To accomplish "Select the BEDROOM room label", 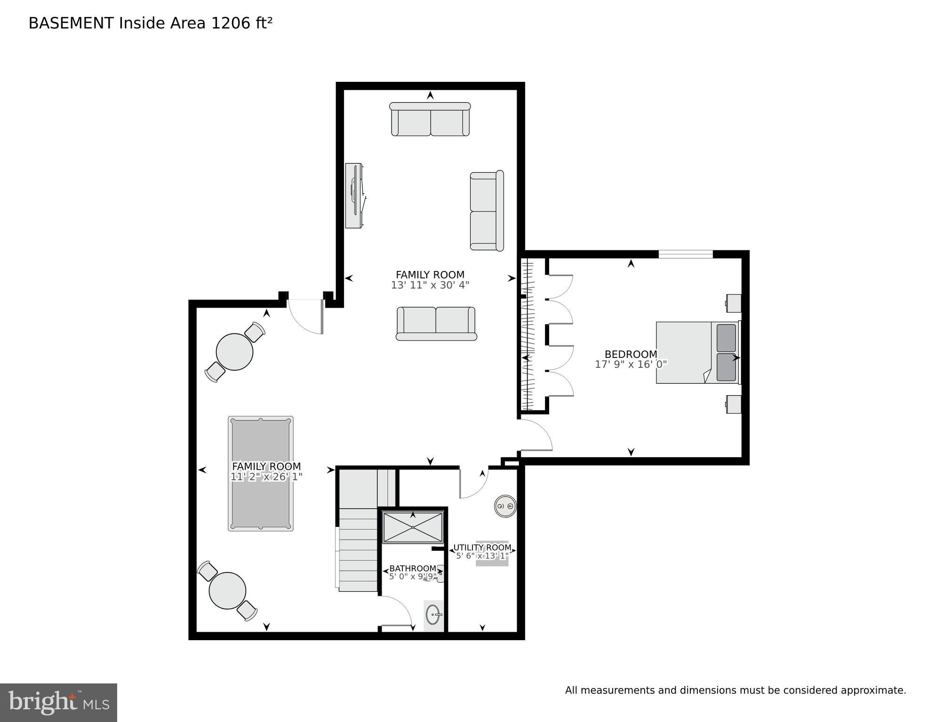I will pyautogui.click(x=631, y=354).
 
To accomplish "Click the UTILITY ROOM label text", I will pyautogui.click(x=482, y=547).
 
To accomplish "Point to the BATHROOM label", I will pyautogui.click(x=412, y=569).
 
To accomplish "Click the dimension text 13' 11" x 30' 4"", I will pyautogui.click(x=430, y=285).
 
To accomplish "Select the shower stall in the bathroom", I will pyautogui.click(x=413, y=527).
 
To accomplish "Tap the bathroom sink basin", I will pyautogui.click(x=433, y=615).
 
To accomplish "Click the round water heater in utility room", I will pyautogui.click(x=505, y=507).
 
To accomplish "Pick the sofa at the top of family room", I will pyautogui.click(x=430, y=119).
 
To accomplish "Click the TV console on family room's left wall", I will pyautogui.click(x=354, y=196).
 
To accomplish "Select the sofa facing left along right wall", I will pyautogui.click(x=487, y=211).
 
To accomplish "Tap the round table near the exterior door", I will pyautogui.click(x=234, y=351).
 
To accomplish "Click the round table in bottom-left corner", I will pyautogui.click(x=227, y=591).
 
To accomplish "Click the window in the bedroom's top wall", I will pyautogui.click(x=685, y=254).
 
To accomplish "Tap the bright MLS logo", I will pyautogui.click(x=58, y=702).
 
